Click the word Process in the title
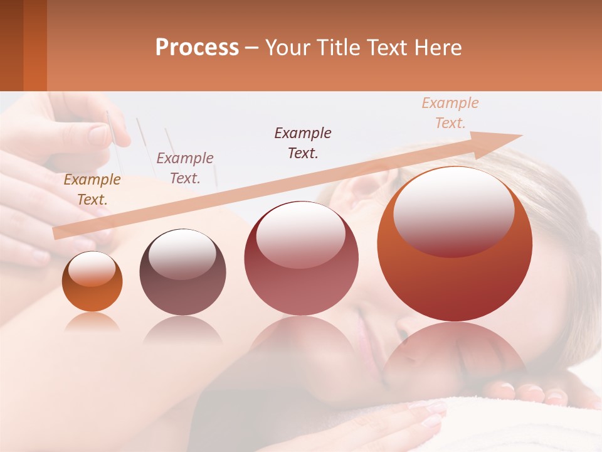pyautogui.click(x=197, y=48)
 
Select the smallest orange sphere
pyautogui.click(x=92, y=282)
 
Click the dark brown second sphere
pyautogui.click(x=182, y=272)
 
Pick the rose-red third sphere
pyautogui.click(x=301, y=259)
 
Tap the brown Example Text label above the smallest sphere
pyautogui.click(x=92, y=190)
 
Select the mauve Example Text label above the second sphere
pyautogui.click(x=185, y=168)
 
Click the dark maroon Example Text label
pyautogui.click(x=303, y=143)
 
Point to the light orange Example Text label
pyautogui.click(x=450, y=113)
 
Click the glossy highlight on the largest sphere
pyautogui.click(x=453, y=210)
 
